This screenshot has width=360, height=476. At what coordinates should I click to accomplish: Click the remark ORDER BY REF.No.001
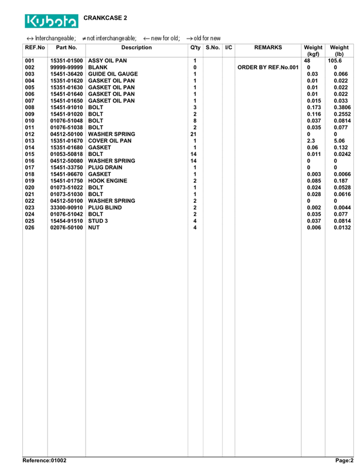tap(268, 67)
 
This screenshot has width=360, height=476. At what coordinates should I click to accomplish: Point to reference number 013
tap(30, 141)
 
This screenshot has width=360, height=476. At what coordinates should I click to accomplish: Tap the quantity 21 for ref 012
tap(193, 134)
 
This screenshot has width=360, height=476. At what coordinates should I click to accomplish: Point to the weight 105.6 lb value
tap(335, 61)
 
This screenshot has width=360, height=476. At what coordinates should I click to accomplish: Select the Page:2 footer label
tap(344, 460)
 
